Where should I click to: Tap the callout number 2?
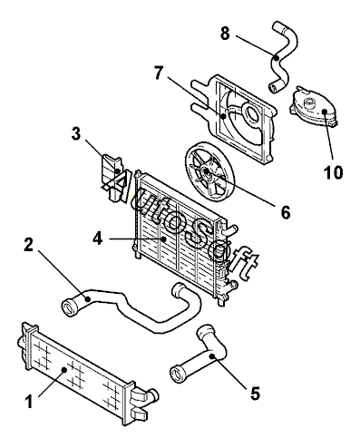[x=29, y=245]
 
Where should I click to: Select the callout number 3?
[x=76, y=133]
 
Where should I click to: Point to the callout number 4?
[x=98, y=239]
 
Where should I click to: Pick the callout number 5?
[x=255, y=394]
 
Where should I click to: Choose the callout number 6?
[x=286, y=212]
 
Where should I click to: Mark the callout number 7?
[x=159, y=73]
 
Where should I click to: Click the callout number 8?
[x=225, y=34]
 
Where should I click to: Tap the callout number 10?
[x=334, y=172]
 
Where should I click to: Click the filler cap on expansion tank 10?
[x=308, y=103]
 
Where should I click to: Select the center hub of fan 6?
[x=207, y=171]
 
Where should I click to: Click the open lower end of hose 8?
[x=273, y=88]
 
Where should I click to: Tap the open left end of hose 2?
[x=69, y=308]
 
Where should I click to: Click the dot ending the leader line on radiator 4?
[x=164, y=239]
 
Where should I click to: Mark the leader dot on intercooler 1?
[x=63, y=369]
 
